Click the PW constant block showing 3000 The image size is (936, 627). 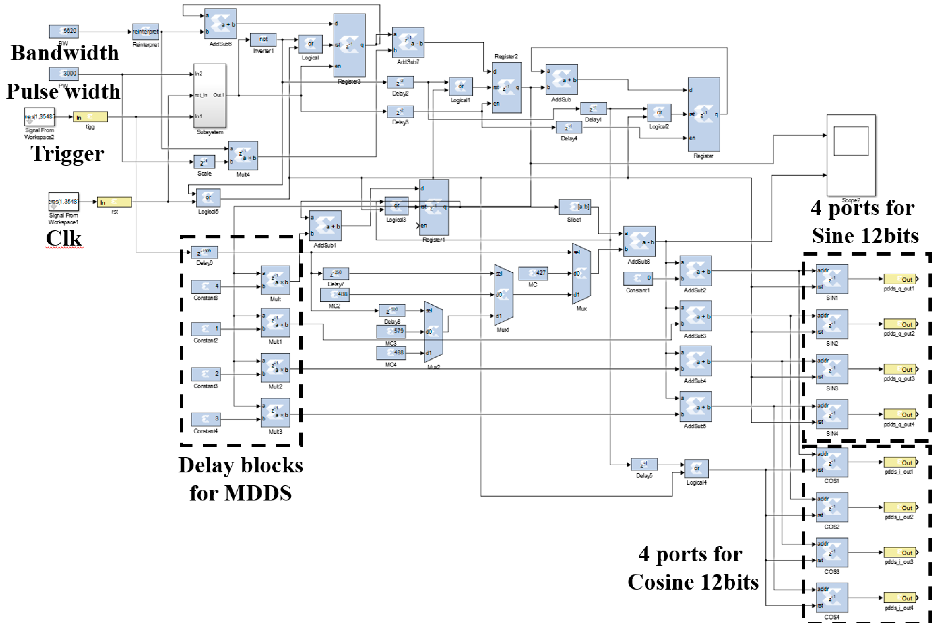64,74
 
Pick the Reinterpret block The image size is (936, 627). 145,32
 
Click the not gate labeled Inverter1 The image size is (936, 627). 263,39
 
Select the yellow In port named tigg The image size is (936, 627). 90,117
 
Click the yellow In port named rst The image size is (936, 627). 114,202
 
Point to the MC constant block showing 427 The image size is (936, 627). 533,273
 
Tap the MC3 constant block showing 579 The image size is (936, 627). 391,332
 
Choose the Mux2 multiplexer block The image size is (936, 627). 433,332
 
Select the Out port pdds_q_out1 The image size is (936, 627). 900,279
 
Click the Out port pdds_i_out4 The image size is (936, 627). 900,598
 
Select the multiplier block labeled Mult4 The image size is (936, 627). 243,156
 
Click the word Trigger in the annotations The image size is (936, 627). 67,153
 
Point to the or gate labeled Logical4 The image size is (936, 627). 696,469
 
